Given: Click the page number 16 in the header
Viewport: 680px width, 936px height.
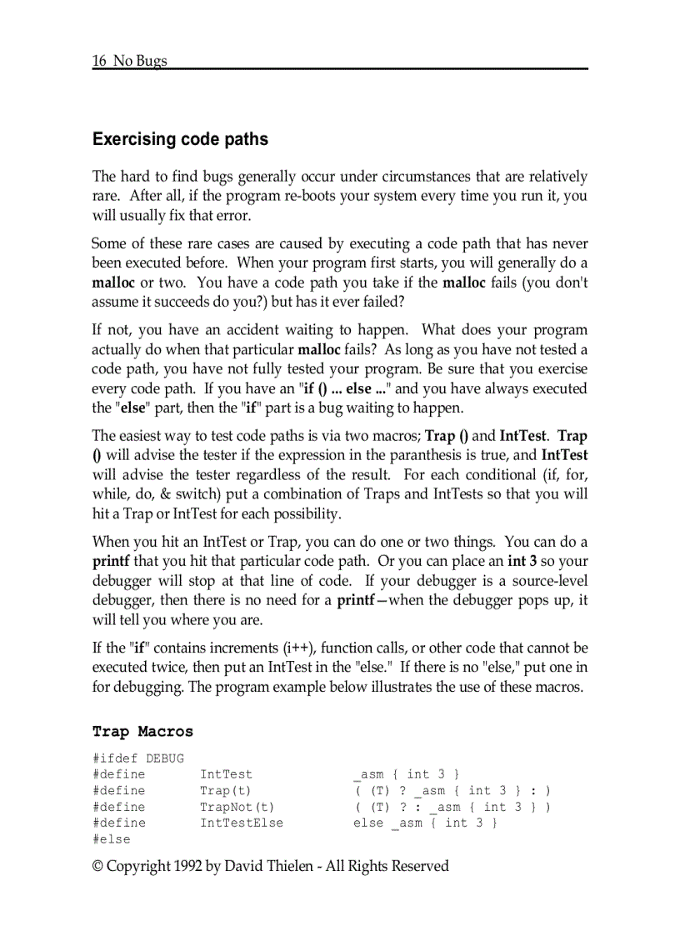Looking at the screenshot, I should [x=99, y=61].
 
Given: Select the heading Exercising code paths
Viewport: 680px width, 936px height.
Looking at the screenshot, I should [x=180, y=139].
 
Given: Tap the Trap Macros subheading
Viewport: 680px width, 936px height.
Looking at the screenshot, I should [x=142, y=732].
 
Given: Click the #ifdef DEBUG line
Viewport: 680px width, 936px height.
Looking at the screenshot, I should [x=138, y=758].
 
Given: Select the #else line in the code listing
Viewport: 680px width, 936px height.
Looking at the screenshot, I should [x=112, y=839].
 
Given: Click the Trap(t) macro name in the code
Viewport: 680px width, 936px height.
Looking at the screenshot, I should [x=225, y=791].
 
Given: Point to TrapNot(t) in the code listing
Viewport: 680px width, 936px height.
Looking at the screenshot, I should [x=237, y=807].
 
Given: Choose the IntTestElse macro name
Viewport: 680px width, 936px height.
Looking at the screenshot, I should [x=241, y=823].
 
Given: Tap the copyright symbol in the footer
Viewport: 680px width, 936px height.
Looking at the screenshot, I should [x=98, y=866].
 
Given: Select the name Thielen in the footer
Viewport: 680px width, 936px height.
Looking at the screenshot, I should [x=285, y=866].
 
